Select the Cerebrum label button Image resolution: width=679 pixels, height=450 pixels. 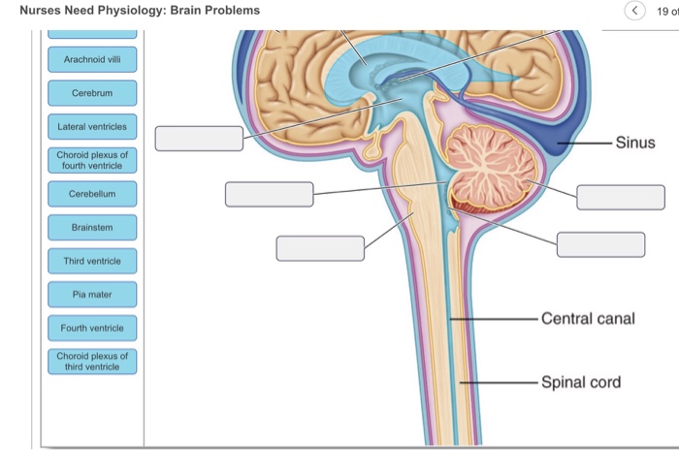click(92, 93)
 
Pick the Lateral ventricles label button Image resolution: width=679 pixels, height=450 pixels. click(92, 127)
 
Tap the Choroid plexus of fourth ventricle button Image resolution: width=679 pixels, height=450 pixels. click(92, 160)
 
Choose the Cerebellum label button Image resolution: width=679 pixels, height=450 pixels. click(92, 194)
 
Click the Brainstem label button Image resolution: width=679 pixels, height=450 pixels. click(92, 228)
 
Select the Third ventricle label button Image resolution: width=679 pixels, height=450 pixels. click(92, 261)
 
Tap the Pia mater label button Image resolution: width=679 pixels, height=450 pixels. click(92, 294)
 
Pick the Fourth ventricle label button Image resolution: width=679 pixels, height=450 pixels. click(92, 328)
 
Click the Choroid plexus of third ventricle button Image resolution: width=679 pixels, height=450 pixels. click(92, 362)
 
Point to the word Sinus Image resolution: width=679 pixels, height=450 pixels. click(635, 144)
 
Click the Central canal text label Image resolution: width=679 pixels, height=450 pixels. click(588, 318)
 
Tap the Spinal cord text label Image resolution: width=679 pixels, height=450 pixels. click(581, 381)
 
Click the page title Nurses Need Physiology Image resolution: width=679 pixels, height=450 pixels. click(140, 11)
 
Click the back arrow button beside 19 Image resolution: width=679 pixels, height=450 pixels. click(635, 12)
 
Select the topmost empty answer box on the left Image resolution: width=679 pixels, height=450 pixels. click(199, 139)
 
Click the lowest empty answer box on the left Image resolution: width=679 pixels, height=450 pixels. click(320, 248)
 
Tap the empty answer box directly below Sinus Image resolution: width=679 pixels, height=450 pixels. click(621, 197)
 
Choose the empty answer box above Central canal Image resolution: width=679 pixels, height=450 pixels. click(600, 244)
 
